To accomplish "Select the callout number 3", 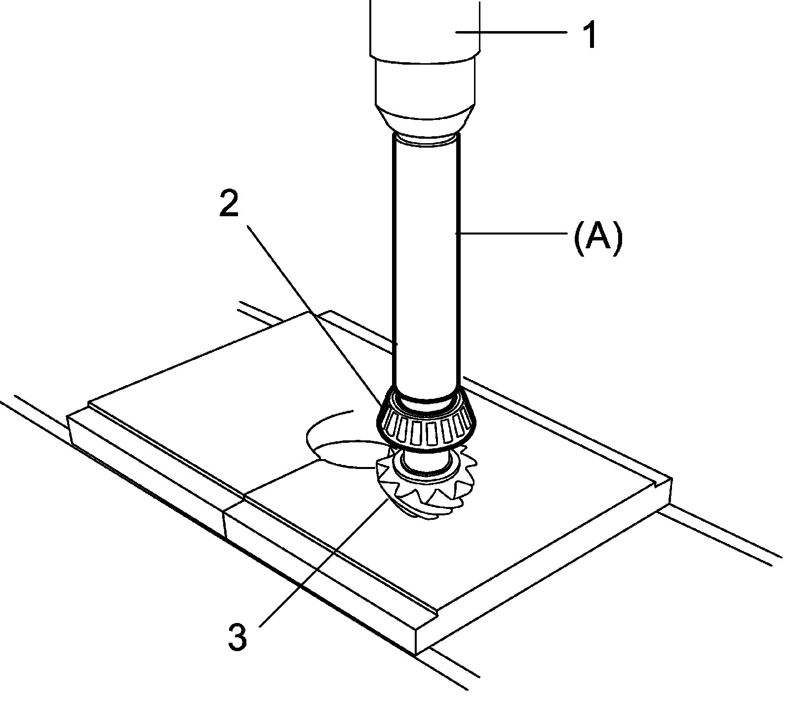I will tap(237, 637).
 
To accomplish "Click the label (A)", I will tap(598, 238).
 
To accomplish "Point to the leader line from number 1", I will tap(513, 32).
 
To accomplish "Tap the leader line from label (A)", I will tap(513, 232).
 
